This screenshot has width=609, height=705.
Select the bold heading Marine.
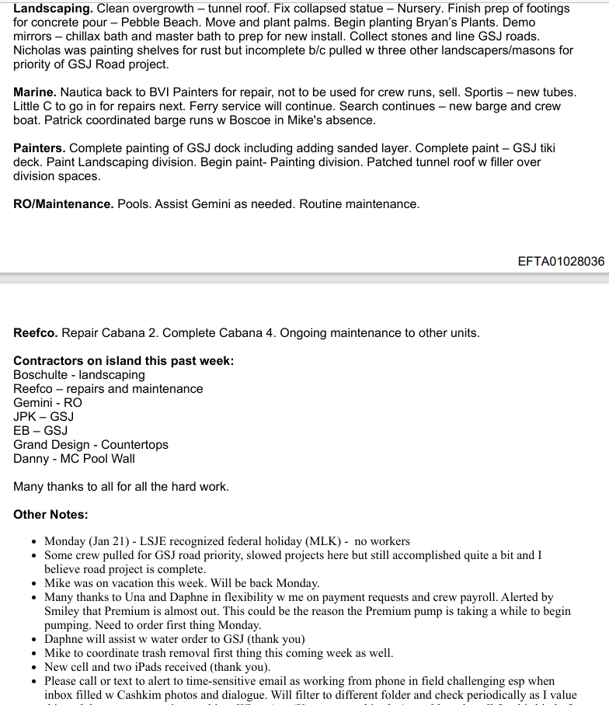click(x=34, y=92)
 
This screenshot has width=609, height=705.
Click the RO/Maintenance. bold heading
click(x=63, y=204)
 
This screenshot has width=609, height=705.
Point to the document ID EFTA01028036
click(x=561, y=262)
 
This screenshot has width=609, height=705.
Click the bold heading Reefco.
click(x=35, y=333)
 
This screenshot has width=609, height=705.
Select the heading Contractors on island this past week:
click(x=123, y=361)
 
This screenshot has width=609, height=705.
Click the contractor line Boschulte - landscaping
click(x=78, y=375)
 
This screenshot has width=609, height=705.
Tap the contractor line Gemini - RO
click(x=47, y=403)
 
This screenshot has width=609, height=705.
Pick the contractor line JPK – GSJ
click(x=43, y=417)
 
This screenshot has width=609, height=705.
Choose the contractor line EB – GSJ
click(x=40, y=431)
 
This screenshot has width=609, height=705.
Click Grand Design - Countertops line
click(x=90, y=445)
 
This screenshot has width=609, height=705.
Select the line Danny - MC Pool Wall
click(x=74, y=459)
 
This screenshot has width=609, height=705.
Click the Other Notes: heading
click(x=50, y=515)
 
